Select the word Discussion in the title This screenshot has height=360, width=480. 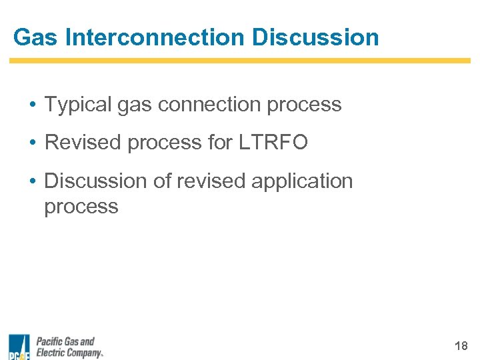coord(315,37)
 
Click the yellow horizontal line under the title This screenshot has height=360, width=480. coord(239,61)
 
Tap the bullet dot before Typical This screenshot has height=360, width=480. coord(32,105)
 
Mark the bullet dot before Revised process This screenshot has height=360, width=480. coord(32,143)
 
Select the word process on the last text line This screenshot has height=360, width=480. coord(81,207)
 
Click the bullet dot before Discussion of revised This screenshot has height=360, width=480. coord(32,181)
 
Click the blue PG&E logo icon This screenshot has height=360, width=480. coord(19,347)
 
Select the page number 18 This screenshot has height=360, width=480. coord(461,346)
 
